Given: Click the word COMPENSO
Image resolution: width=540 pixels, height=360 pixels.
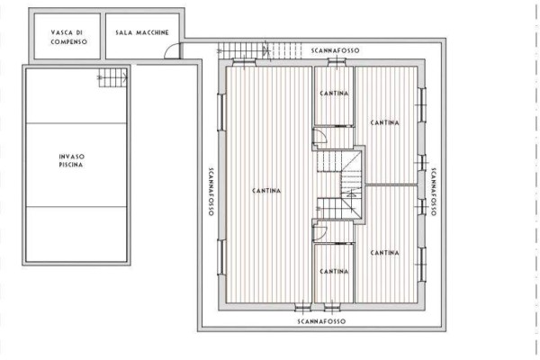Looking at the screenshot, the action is pos(69,42).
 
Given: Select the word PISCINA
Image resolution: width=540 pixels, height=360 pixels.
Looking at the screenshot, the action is pos(71,165).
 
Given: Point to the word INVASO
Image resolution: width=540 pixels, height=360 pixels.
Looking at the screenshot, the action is pos(72,157).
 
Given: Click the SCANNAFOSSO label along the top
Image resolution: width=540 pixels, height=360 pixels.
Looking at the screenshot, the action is pos(335,50).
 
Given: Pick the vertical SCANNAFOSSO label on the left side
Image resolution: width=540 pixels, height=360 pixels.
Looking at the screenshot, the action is pos(211,192).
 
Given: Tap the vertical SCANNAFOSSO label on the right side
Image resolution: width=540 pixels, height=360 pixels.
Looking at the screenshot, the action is pos(433,192).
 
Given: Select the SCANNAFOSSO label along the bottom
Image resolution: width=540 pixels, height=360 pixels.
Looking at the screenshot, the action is pos(321,321).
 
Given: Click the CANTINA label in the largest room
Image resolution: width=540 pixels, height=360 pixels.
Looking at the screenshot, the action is pos(266,191).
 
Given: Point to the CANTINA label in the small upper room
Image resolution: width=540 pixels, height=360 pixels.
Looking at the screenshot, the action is pos(334,94).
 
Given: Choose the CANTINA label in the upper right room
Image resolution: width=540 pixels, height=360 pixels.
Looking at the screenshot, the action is pos(384,122).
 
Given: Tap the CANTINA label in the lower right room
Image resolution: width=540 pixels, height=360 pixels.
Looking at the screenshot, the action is pos(384,253).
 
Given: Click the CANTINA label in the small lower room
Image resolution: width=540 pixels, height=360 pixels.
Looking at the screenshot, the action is pos(334,272).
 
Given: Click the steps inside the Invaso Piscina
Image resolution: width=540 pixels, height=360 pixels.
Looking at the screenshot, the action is pos(113,77).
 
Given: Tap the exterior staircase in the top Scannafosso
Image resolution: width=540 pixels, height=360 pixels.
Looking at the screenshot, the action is pos(260,51).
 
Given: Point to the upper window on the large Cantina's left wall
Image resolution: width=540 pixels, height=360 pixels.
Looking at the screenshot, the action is pos(221,112).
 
